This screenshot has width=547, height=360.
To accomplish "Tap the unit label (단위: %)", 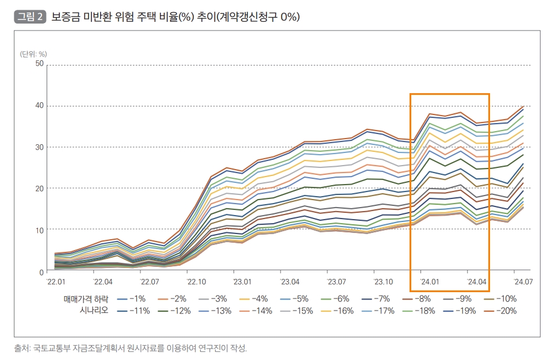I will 33,54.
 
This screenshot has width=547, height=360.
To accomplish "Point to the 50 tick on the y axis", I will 40,64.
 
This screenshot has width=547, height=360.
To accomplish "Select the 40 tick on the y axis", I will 40,105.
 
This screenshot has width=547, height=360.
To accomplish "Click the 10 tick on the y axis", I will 40,229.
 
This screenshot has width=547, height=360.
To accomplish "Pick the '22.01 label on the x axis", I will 55,282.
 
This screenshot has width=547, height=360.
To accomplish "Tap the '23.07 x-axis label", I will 336,282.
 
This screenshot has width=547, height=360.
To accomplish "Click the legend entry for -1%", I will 131,299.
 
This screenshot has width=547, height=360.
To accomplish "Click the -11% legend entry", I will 131,311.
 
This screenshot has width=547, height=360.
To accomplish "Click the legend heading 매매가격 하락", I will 86,299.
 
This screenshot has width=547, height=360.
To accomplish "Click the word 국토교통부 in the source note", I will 51,348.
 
